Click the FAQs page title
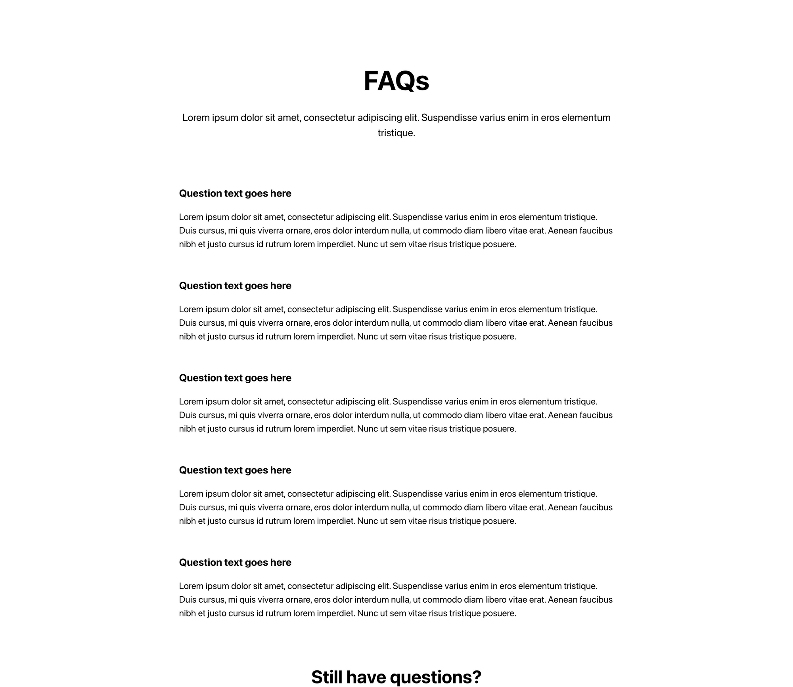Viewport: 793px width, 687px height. coord(396,81)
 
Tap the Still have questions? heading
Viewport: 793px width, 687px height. coord(396,677)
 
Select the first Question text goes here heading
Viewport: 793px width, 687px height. coord(235,193)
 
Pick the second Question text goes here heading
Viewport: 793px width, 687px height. coord(235,286)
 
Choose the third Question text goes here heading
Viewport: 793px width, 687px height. coord(235,378)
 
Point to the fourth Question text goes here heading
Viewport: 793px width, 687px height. coord(235,470)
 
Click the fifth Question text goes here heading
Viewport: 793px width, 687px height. coord(235,563)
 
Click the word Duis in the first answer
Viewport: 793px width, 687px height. coord(187,231)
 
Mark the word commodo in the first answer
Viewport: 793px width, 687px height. coord(445,231)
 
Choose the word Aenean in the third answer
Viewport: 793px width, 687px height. coord(563,415)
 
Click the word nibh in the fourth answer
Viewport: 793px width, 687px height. coord(187,521)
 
